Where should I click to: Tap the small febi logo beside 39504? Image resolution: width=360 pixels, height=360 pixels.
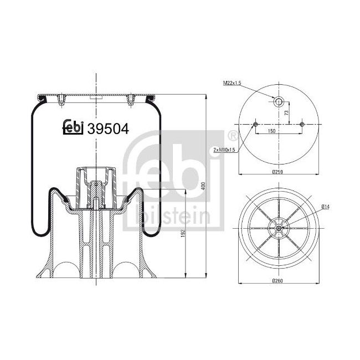72,127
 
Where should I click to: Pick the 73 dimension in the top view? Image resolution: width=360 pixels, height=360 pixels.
286,112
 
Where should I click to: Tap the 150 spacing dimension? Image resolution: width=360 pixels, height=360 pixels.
271,131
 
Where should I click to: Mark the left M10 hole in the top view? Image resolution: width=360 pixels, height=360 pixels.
255,124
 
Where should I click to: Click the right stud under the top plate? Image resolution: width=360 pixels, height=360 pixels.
131,100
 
